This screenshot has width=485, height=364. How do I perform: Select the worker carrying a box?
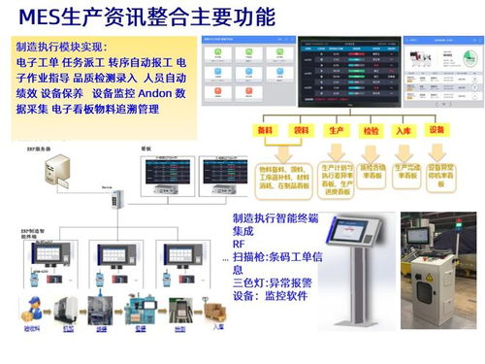point(30,313)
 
